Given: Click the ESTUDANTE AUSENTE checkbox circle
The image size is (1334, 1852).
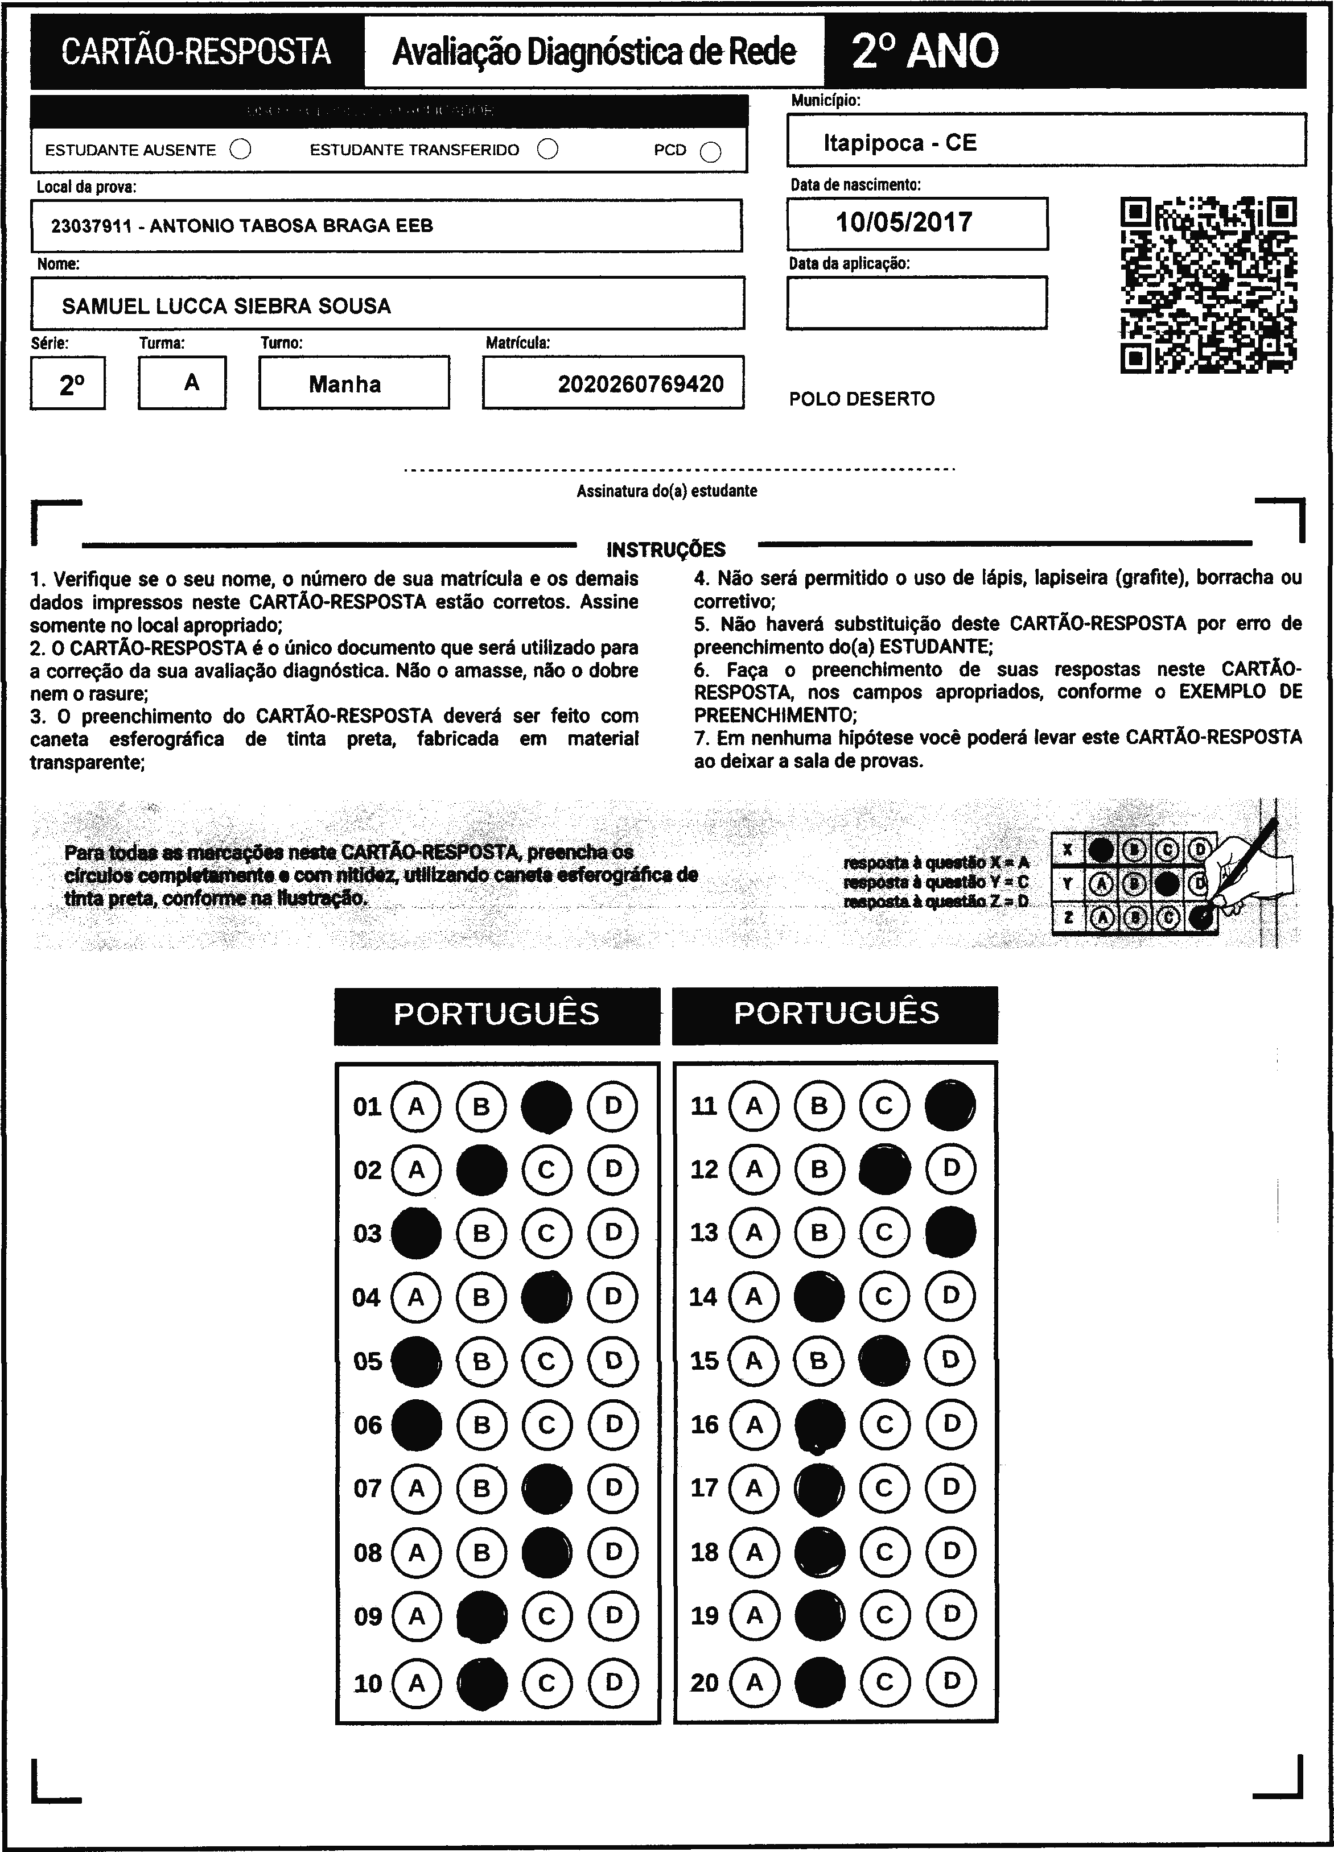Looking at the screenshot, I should point(241,150).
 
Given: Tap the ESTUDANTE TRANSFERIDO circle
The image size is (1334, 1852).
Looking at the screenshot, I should point(548,150).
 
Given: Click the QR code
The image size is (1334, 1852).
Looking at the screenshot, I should point(1208,285).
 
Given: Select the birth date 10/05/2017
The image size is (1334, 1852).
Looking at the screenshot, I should point(904,222).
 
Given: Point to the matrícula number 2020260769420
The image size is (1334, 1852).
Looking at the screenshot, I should point(640,384).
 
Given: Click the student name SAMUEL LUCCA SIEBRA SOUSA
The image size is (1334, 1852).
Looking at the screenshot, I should point(227,306).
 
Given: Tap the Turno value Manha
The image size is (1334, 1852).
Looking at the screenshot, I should point(345,384).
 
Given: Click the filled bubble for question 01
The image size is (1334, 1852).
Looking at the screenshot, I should point(546,1106).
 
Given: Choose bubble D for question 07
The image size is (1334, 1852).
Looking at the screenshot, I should point(613,1489).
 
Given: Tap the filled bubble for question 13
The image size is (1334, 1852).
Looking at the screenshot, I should point(950,1232).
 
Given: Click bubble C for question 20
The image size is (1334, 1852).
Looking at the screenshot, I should point(884,1681).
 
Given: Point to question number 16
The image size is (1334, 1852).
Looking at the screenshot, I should point(704,1425).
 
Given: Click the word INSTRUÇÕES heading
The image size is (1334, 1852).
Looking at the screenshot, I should point(666,549).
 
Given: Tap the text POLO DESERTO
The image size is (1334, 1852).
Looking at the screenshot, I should point(862,399).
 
